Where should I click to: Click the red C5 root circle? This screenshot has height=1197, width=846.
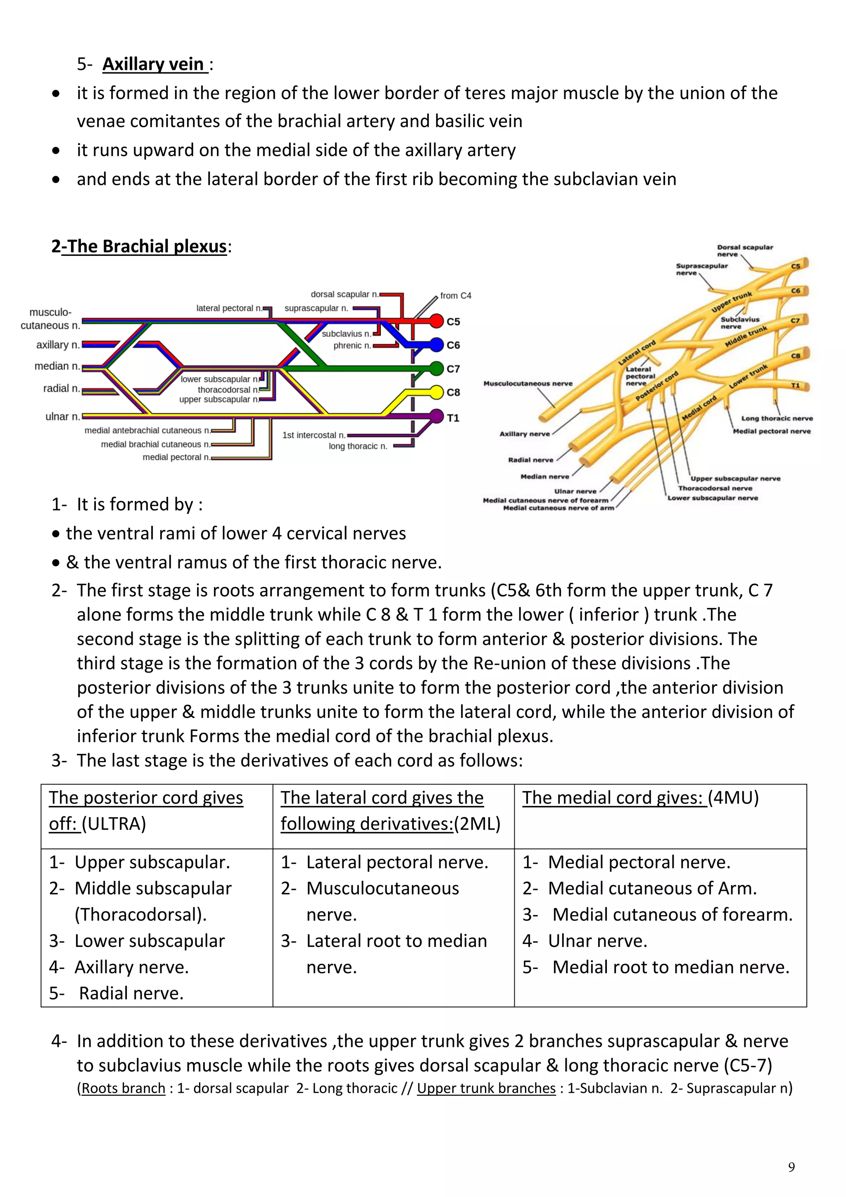pos(437,321)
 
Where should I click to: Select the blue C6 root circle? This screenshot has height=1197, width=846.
pos(437,345)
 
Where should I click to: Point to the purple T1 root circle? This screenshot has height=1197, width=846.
pos(437,417)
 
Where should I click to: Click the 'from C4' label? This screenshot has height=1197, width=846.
pos(455,296)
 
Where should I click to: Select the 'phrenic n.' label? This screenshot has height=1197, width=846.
pos(352,346)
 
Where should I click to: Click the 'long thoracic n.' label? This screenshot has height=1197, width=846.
pos(358,446)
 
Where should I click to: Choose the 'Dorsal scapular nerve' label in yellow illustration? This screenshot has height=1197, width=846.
pos(744,251)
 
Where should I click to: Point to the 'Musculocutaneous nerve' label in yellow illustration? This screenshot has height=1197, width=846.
pos(528,384)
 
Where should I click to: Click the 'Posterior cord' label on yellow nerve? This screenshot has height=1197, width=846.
pos(657,386)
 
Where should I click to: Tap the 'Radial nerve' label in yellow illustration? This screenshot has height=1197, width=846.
pos(530,460)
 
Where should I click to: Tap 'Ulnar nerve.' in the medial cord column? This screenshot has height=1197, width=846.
pos(597,941)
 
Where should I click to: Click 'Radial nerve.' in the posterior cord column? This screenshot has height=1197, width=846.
pos(131,993)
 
